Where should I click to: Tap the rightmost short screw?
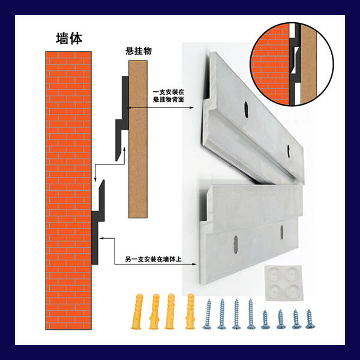pyautogui.click(x=310, y=318)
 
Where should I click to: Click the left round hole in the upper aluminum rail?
pyautogui.click(x=245, y=108)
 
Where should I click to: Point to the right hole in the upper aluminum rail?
pyautogui.click(x=290, y=149)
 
